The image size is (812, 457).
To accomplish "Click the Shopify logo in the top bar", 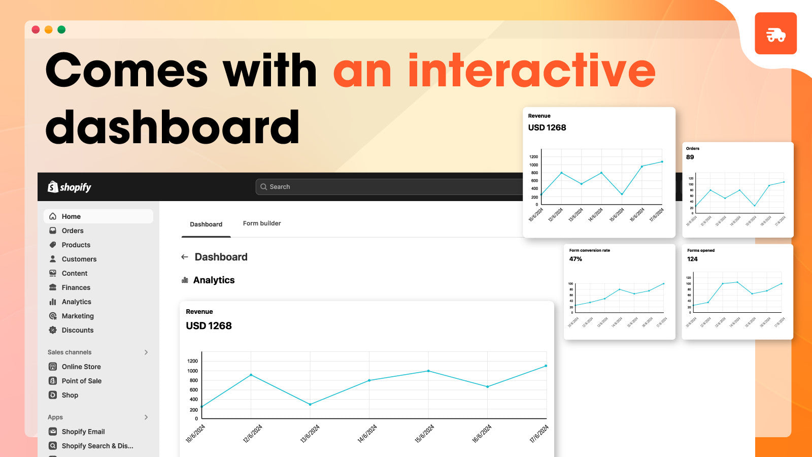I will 70,187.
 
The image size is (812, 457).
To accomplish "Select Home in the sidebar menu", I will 71,216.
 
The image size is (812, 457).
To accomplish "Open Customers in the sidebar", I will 79,259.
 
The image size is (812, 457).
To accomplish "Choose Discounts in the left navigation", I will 77,330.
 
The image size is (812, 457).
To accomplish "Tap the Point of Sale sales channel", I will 81,381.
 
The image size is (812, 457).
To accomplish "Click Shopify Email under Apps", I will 83,432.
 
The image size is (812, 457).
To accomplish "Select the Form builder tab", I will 262,223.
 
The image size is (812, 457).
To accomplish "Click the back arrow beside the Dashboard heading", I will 185,257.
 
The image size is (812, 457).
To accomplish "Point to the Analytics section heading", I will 214,280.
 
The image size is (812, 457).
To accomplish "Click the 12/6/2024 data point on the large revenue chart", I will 251,375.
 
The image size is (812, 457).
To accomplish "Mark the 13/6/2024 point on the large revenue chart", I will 310,404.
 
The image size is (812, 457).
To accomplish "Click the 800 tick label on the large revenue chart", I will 193,380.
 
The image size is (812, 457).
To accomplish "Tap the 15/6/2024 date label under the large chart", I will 424,434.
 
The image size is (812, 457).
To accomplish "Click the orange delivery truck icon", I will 775,34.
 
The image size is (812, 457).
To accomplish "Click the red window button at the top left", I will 36,29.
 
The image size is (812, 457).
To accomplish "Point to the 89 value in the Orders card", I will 690,157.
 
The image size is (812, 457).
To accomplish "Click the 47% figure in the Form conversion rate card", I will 576,259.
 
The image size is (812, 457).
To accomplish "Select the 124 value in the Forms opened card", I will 692,259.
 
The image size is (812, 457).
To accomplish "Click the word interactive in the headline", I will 531,71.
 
